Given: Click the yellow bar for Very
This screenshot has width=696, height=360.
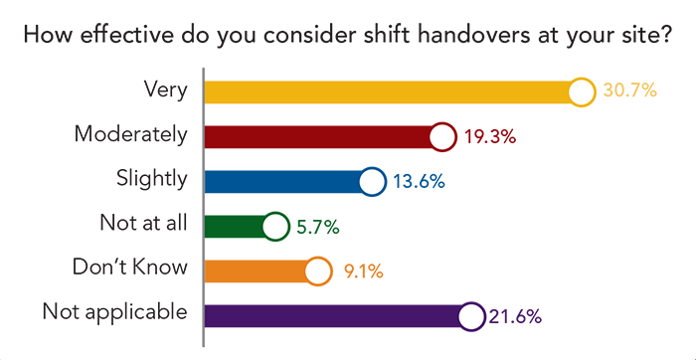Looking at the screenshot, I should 388,91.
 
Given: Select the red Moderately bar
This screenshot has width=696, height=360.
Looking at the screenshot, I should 318,136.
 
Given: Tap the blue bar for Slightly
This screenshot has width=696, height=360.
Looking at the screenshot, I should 283,181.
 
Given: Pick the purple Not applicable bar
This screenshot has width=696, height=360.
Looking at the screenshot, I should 333,315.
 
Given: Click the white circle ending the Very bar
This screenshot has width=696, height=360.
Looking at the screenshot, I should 584,91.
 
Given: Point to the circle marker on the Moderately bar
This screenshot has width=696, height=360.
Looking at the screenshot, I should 443,136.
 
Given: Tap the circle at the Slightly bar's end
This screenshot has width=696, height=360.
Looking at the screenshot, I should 372,181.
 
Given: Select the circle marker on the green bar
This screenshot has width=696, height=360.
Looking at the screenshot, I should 275,227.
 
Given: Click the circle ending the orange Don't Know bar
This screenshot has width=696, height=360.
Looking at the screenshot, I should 316,270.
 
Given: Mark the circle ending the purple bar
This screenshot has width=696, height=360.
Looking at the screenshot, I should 471,315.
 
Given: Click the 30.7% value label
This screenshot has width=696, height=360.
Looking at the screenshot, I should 629,91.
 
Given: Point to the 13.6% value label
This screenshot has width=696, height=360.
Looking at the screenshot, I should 418,182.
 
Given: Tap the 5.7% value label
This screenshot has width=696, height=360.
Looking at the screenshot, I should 317,227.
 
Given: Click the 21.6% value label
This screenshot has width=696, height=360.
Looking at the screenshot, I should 515,316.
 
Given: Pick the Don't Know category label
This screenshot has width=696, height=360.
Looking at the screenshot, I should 130,268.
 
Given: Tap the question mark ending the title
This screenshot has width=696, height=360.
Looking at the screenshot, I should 668,37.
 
